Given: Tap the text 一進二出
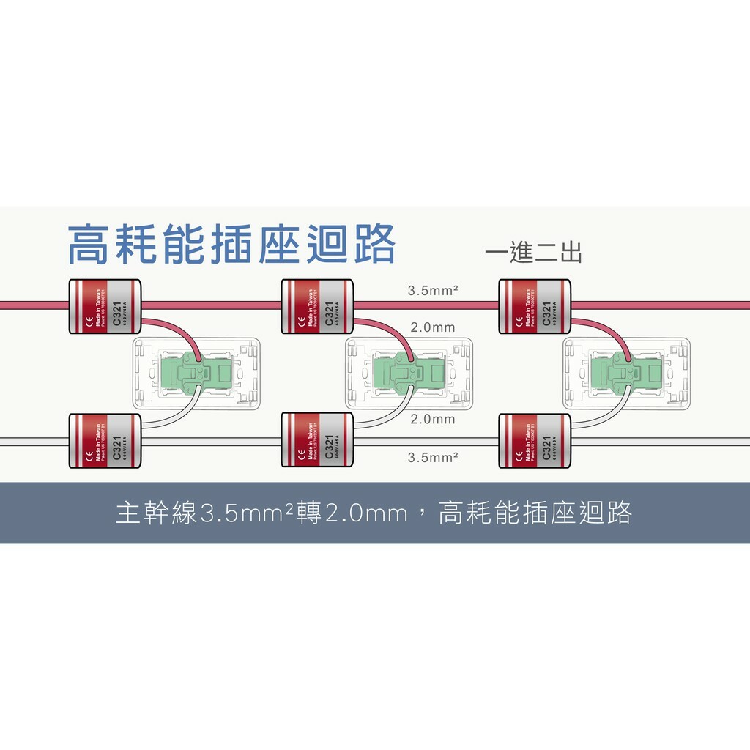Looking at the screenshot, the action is pos(533,253).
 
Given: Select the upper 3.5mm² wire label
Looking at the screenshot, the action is pos(433,291).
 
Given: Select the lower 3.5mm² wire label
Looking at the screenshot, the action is pos(433,457).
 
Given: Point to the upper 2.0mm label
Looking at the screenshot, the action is pos(433,327).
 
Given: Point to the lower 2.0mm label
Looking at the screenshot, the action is pos(433,420).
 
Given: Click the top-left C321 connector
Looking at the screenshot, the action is pos(104,306).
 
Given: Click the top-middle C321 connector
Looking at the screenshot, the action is pos(317,306).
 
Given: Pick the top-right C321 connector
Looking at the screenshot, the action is pos(534,306).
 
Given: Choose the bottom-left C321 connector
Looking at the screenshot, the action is pos(104,441).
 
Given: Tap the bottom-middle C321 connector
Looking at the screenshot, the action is pos(317,441).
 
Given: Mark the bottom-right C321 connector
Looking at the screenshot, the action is pos(534,441).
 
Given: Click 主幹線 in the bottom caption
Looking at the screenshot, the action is pos(157,513).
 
